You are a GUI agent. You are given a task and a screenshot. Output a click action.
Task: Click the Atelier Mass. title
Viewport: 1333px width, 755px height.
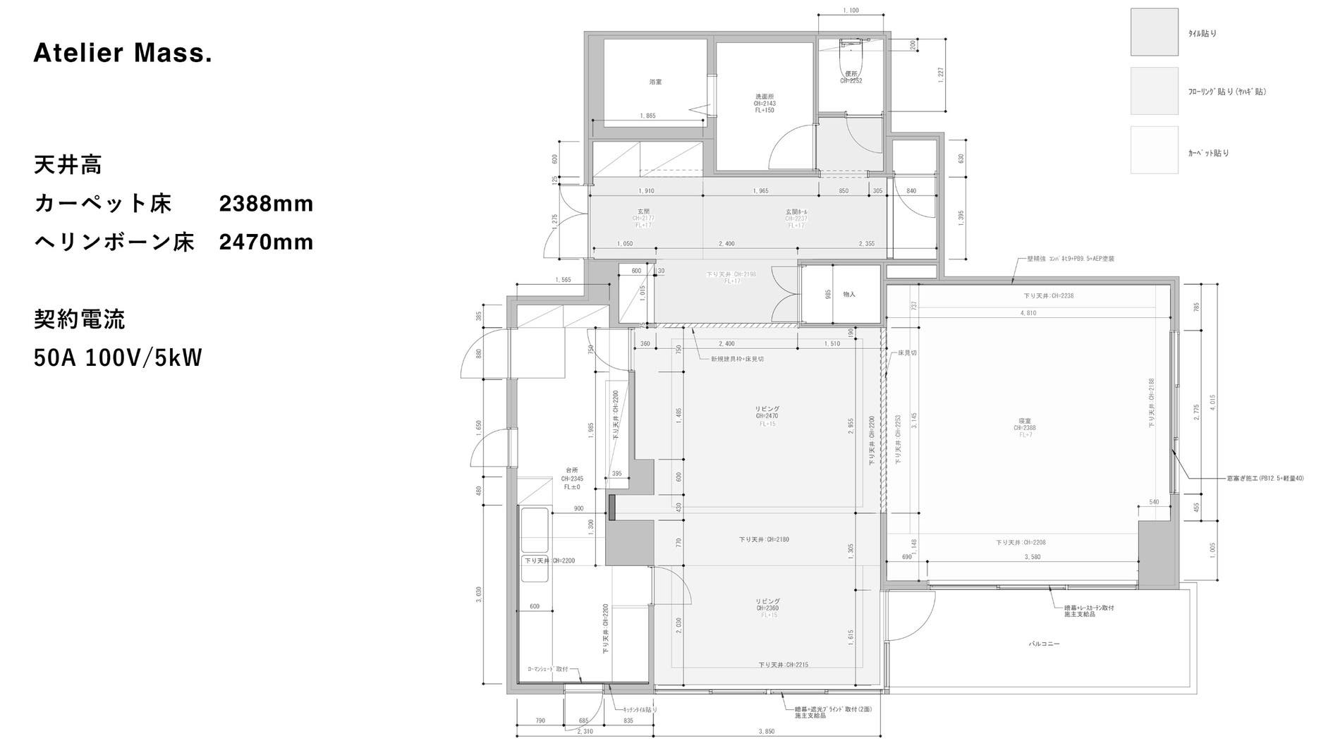[x=123, y=53]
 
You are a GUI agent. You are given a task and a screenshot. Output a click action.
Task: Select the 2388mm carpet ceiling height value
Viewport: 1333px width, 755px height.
[x=266, y=204]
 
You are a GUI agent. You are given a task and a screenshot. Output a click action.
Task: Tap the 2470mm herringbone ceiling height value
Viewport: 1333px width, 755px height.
[x=266, y=242]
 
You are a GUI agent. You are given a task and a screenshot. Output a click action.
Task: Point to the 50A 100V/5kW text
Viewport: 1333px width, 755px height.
[x=118, y=357]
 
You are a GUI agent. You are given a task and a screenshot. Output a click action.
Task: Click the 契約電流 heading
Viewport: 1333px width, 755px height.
[x=79, y=319]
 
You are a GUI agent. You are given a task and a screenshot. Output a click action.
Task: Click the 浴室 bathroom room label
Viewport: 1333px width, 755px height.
[x=655, y=82]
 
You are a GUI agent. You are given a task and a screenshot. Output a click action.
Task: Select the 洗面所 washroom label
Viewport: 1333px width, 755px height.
[x=765, y=97]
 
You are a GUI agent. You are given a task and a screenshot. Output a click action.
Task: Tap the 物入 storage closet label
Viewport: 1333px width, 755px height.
[x=849, y=294]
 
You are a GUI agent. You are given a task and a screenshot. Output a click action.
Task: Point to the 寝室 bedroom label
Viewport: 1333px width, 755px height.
[x=1025, y=420]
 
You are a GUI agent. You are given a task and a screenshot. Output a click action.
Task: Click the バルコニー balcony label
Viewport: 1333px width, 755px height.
[x=1044, y=644]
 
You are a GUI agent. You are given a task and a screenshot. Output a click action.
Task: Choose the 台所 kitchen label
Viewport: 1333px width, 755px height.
[x=571, y=470]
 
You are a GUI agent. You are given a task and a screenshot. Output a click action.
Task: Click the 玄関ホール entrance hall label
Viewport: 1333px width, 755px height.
[x=796, y=211]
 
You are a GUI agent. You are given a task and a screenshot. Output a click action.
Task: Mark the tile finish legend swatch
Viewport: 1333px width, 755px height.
[x=1154, y=32]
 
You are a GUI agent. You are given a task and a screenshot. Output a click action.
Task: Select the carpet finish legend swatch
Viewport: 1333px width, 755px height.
[x=1154, y=149]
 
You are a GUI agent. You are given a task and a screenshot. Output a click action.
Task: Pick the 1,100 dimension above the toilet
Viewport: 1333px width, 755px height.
[x=851, y=11]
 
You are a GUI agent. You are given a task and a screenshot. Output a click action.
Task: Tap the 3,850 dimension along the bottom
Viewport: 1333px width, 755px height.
[x=767, y=731]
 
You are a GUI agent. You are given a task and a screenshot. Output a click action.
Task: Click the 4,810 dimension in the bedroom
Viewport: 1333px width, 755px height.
[x=1028, y=312]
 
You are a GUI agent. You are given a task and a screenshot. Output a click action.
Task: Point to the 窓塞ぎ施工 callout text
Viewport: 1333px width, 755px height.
[x=1265, y=478]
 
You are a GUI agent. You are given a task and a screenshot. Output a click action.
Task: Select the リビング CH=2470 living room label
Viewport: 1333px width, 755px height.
[x=767, y=412]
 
